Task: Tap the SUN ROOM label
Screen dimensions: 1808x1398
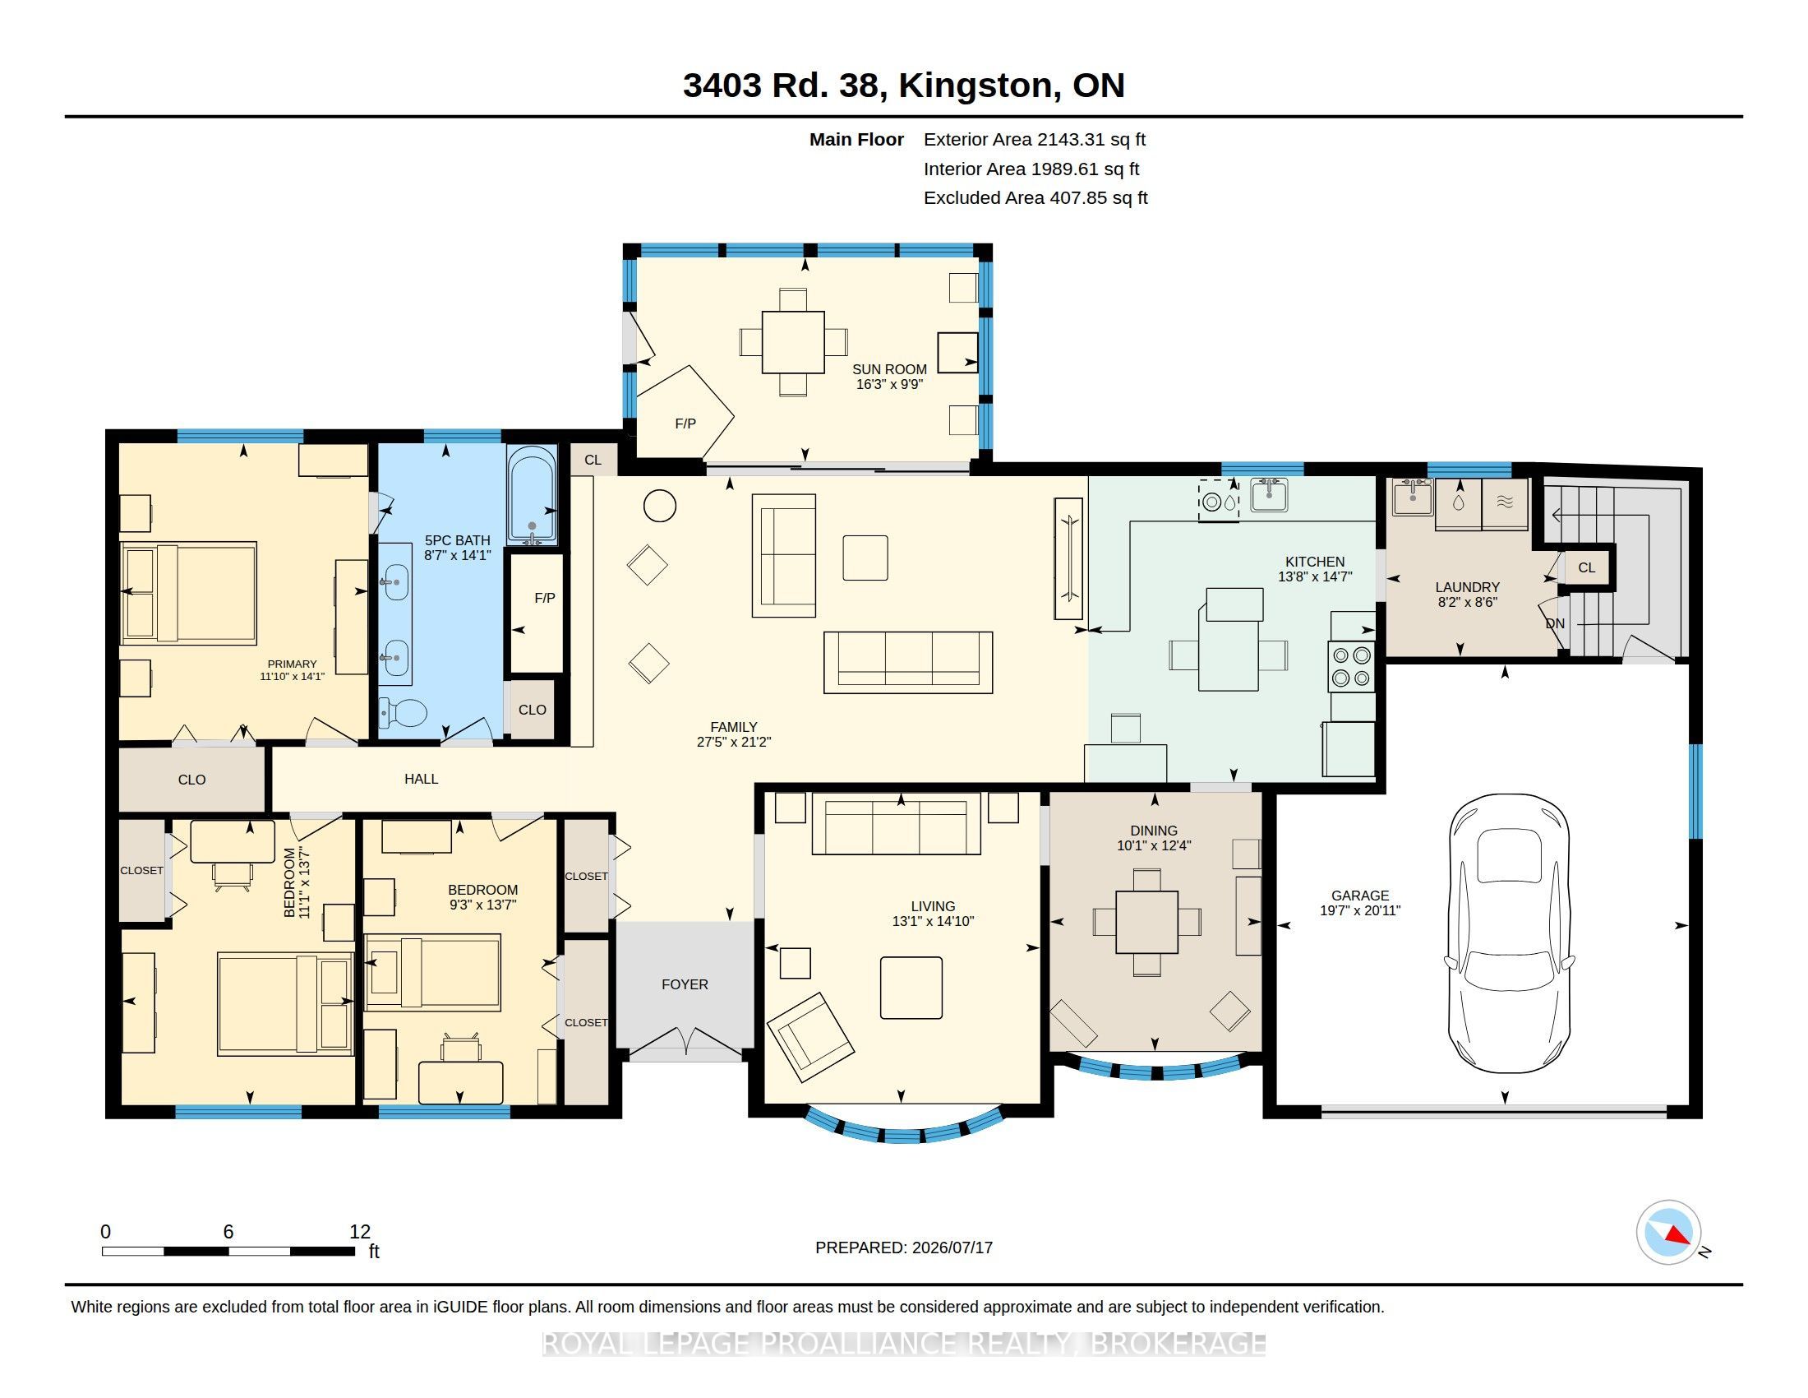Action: click(x=889, y=369)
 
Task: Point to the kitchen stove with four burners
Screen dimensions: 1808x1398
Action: click(x=1351, y=667)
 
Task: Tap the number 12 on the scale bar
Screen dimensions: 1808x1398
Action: click(x=359, y=1232)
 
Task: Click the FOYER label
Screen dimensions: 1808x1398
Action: click(x=685, y=984)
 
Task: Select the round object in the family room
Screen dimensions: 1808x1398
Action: click(x=660, y=505)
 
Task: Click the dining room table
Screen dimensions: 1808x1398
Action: click(x=1146, y=922)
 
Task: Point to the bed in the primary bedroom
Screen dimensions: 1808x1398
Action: click(x=188, y=593)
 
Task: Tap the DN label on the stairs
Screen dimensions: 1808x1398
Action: click(x=1555, y=623)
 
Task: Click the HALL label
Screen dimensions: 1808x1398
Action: click(x=421, y=779)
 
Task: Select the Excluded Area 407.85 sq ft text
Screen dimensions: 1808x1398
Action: click(x=1035, y=198)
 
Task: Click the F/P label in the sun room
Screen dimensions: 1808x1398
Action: click(x=685, y=424)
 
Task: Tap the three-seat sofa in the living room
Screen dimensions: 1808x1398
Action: click(x=896, y=823)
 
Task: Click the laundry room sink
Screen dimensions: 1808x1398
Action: click(x=1412, y=497)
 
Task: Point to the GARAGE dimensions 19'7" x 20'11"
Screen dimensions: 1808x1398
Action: click(x=1360, y=910)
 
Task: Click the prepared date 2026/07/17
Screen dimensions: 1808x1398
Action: click(x=952, y=1248)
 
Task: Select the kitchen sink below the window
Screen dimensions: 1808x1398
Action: click(x=1268, y=494)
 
